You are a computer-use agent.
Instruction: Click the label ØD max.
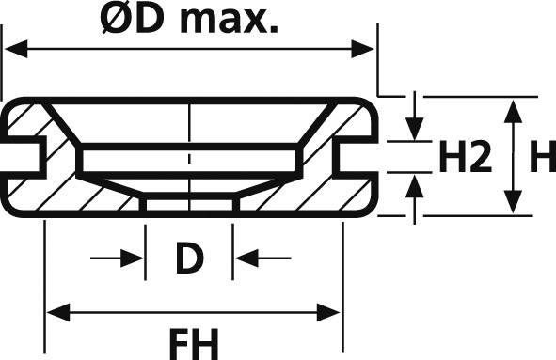189,20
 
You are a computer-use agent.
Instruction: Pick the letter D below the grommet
190,258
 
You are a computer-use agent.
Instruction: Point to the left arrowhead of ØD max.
13,48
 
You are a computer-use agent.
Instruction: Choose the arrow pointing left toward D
246,258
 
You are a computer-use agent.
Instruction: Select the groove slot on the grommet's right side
356,157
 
